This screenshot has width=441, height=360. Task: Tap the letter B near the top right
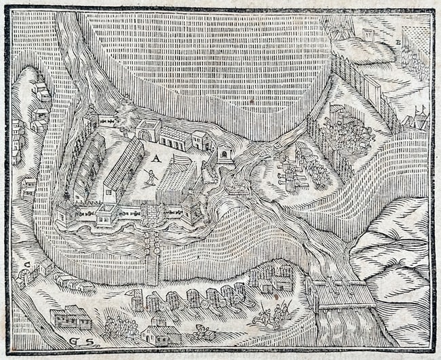coord(398,42)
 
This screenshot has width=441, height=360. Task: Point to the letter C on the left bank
coord(26,263)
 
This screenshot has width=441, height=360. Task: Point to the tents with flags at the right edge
coord(416,119)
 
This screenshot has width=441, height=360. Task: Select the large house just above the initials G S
coord(70,317)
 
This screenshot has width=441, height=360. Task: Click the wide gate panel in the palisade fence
coord(372,91)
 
